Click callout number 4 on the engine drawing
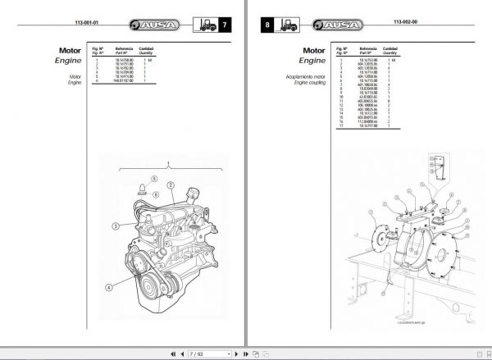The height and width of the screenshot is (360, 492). tap(108, 286)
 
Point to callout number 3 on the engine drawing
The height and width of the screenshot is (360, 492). tap(116, 225)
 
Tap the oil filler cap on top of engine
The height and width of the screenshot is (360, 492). tap(193, 196)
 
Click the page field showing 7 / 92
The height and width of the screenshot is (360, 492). tap(198, 354)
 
